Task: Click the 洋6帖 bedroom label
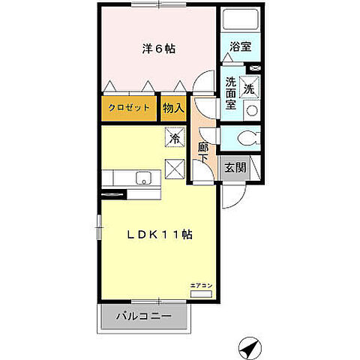(x=159, y=49)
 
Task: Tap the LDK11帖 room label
(x=159, y=234)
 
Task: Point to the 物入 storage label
(x=173, y=108)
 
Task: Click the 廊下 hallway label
(x=203, y=154)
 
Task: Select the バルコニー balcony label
(x=143, y=316)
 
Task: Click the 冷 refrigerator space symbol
(x=174, y=139)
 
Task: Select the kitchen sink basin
(x=142, y=178)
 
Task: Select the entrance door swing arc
(x=229, y=196)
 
